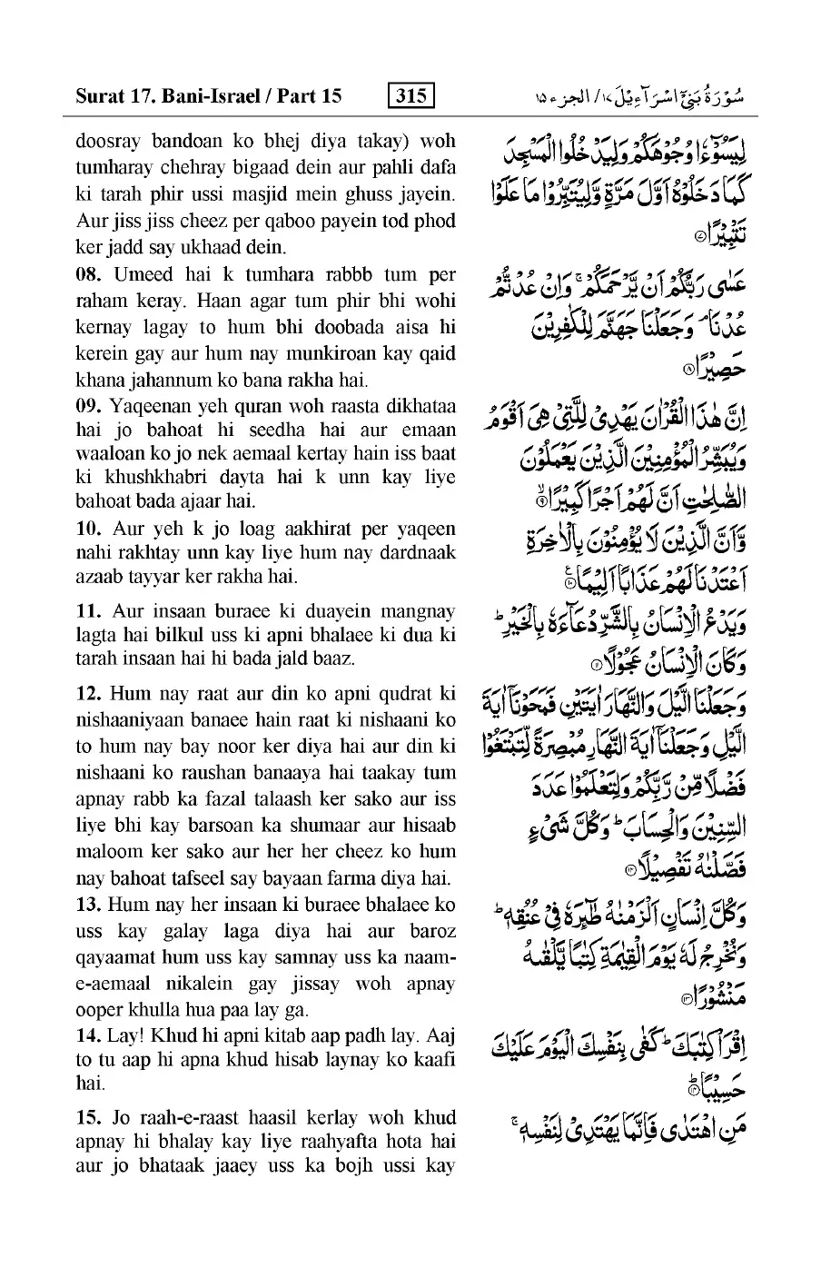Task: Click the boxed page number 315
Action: coord(410,94)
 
